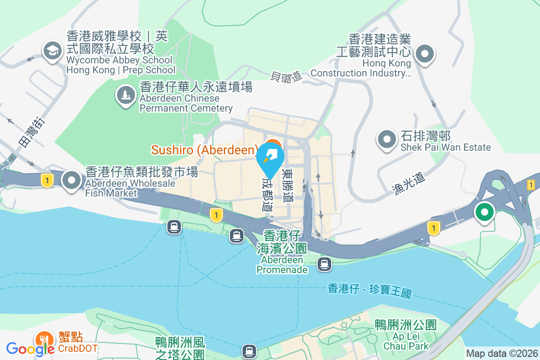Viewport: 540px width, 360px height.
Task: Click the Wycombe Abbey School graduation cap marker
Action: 53,51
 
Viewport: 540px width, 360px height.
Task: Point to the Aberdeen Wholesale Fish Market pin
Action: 72,180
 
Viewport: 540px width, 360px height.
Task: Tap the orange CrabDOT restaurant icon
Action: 44,340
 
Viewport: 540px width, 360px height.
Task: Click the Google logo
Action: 30,349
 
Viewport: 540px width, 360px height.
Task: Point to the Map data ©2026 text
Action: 502,353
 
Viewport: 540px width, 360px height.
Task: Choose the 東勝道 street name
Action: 287,185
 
